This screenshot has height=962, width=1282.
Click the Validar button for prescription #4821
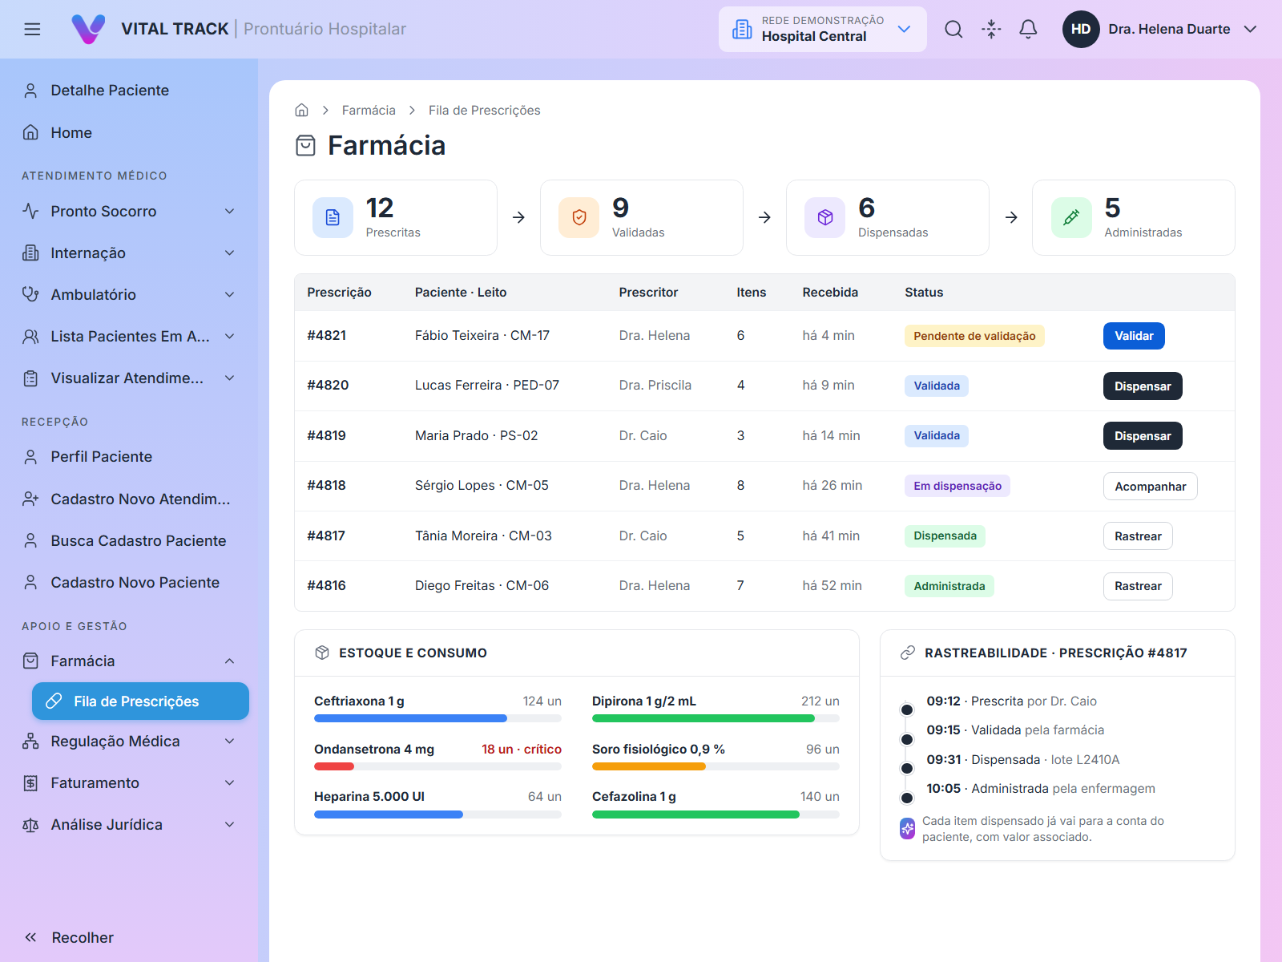(1133, 336)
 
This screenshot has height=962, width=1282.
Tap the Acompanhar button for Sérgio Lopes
(1150, 486)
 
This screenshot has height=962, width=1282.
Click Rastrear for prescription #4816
(1137, 586)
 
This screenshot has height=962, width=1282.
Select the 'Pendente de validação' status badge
(974, 336)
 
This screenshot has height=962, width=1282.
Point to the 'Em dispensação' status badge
(957, 486)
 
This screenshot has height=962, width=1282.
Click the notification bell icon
(1028, 29)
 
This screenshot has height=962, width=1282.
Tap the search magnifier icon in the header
(953, 29)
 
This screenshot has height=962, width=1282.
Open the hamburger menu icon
(32, 29)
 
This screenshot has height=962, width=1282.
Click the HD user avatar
(1081, 29)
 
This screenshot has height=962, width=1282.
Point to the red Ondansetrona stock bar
(333, 766)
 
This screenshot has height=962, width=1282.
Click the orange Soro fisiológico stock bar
(648, 766)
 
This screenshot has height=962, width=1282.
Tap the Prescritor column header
(647, 292)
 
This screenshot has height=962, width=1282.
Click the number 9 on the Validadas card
(620, 208)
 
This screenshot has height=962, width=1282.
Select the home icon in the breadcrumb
(301, 110)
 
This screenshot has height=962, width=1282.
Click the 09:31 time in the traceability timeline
(942, 759)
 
